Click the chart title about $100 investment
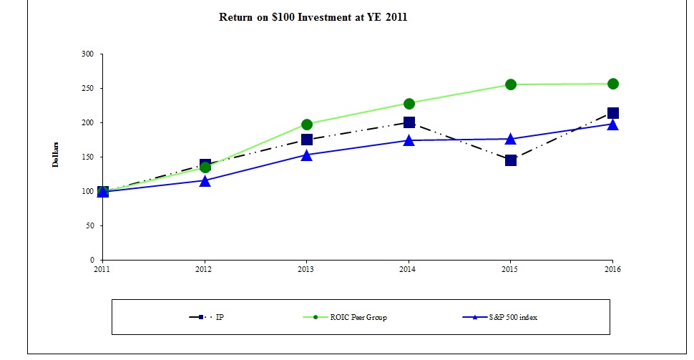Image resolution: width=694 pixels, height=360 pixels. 313,17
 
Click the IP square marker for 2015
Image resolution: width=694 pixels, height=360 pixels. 511,160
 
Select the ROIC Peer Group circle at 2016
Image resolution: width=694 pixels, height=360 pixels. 613,84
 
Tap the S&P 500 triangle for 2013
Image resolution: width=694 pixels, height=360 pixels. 307,155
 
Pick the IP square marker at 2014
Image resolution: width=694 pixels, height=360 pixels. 409,122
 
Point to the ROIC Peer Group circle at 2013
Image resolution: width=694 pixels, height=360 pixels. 307,125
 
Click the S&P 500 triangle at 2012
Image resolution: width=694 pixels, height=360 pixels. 205,181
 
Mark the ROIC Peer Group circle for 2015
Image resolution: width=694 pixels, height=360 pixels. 511,84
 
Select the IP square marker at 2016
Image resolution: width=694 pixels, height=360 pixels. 613,113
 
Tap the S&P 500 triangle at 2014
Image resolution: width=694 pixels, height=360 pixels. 409,140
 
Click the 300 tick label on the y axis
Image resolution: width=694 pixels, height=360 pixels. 88,54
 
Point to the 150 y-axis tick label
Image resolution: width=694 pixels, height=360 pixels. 88,157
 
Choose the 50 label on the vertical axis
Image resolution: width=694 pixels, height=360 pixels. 90,226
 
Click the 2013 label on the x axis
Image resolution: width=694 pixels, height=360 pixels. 307,270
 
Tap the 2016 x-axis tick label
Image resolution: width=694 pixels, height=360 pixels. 613,270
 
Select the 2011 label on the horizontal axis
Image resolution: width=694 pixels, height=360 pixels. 103,270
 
